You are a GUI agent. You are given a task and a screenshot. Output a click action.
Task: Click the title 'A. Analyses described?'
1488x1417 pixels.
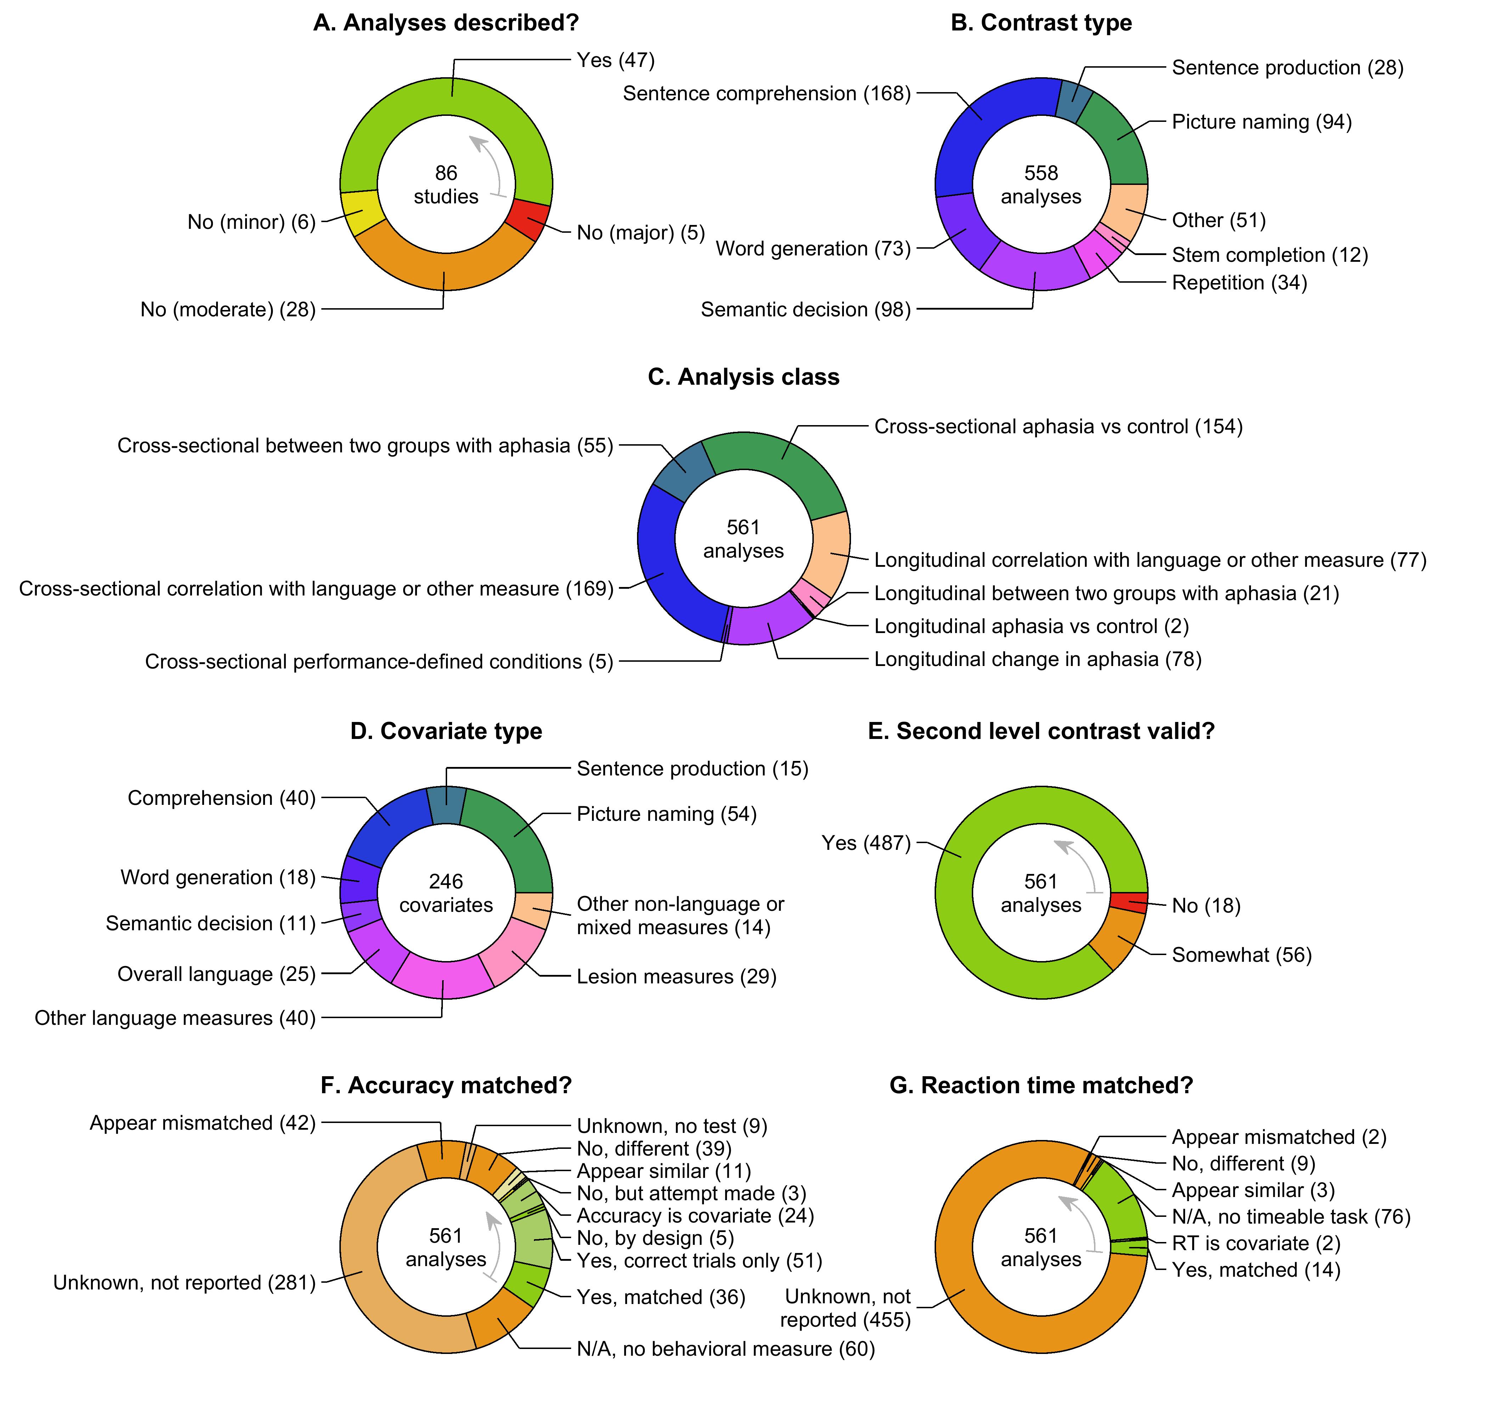[x=446, y=23]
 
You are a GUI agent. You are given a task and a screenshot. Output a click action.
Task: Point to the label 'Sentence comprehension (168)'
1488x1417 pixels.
[x=767, y=94]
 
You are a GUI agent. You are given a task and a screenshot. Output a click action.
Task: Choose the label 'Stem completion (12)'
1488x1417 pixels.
[x=1270, y=255]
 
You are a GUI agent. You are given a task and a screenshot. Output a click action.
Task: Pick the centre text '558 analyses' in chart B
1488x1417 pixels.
[x=1041, y=185]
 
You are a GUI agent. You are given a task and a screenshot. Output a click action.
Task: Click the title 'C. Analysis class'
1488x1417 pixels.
[x=743, y=377]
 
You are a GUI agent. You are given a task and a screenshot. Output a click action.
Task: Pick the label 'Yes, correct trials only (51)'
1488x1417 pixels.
[x=699, y=1261]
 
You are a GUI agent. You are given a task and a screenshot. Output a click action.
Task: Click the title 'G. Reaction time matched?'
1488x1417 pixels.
[x=1041, y=1085]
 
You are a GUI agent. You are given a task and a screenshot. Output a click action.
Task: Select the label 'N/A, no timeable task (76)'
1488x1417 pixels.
[x=1291, y=1217]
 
